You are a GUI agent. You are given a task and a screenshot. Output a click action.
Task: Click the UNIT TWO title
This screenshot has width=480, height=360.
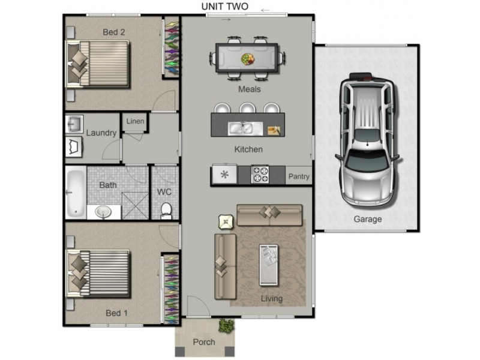(224, 7)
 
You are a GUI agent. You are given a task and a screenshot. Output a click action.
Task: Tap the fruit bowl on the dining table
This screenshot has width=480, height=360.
(248, 59)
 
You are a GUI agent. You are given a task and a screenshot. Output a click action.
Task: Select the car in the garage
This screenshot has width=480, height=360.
(367, 140)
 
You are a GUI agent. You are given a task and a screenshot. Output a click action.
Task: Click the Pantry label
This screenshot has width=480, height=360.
(299, 176)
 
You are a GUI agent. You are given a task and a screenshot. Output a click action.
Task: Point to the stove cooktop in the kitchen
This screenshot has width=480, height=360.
(260, 175)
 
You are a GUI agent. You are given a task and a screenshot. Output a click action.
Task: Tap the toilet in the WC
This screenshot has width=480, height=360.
(166, 211)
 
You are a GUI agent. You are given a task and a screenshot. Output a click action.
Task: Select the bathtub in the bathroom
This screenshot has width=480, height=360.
(76, 193)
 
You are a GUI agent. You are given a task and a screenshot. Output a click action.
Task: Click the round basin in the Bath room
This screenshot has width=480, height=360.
(103, 212)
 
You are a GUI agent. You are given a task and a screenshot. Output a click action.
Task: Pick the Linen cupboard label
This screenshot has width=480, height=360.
(135, 121)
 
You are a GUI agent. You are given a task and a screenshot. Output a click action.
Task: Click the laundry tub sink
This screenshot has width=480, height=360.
(74, 124)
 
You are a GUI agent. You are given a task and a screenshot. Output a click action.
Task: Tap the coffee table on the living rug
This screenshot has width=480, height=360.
(269, 265)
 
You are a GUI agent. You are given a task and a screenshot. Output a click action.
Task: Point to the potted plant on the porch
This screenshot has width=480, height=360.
(227, 325)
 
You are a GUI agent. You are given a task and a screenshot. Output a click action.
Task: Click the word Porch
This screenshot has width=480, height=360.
(204, 342)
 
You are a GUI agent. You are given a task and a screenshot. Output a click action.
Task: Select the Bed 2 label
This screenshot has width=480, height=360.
(113, 32)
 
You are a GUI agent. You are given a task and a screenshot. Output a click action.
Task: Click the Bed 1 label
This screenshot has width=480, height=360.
(116, 313)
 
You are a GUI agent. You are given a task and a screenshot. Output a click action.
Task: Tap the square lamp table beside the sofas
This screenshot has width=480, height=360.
(226, 222)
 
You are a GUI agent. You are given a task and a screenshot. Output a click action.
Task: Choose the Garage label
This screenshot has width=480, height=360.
(368, 219)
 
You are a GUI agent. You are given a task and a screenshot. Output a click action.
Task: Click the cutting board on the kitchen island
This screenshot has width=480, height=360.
(274, 130)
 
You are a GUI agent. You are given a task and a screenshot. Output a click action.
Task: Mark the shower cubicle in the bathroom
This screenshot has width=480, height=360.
(135, 205)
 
